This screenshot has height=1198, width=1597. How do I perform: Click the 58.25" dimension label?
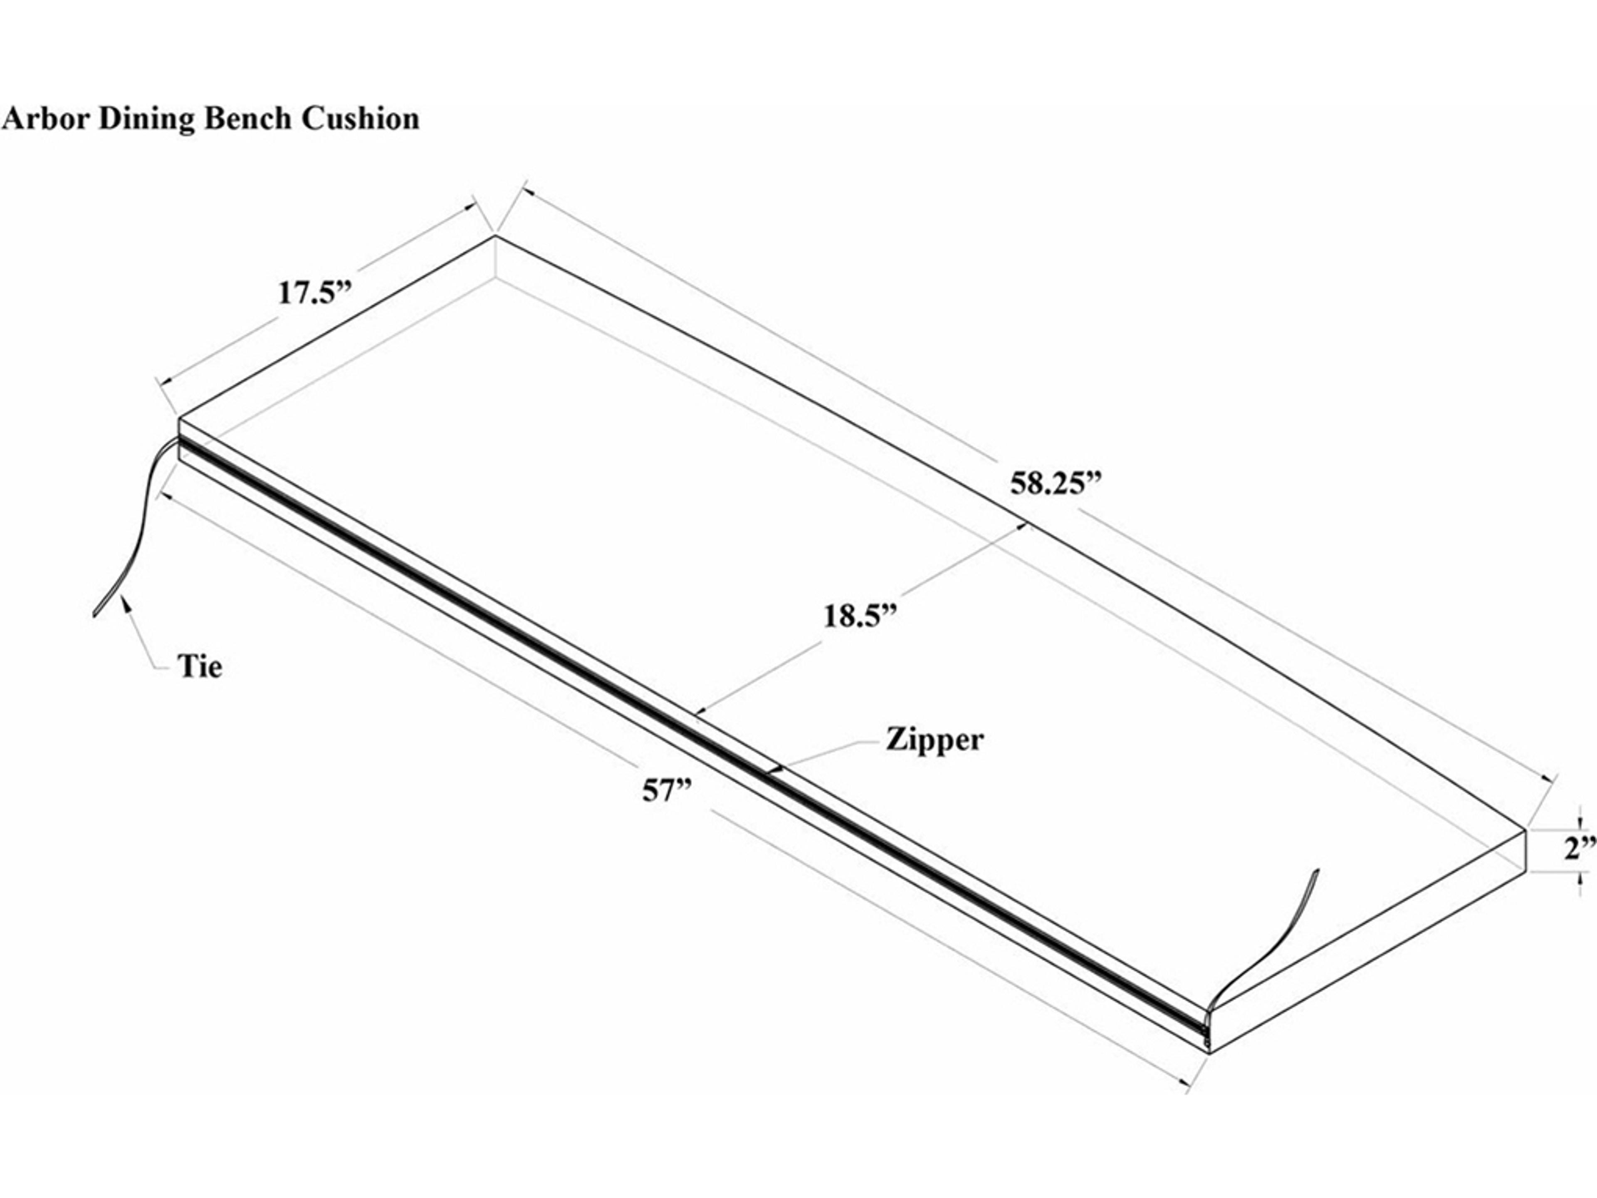pyautogui.click(x=1057, y=483)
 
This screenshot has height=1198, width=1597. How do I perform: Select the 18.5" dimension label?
pyautogui.click(x=859, y=616)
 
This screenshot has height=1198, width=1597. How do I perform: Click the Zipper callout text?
pyautogui.click(x=934, y=740)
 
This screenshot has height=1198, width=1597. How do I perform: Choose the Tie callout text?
pyautogui.click(x=200, y=666)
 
